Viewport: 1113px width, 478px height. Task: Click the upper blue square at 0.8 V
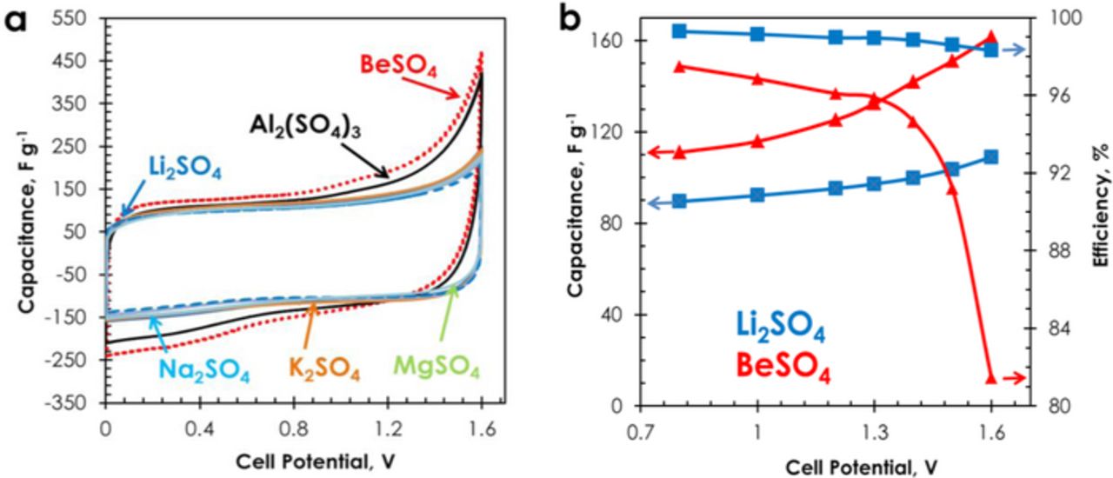pyautogui.click(x=680, y=31)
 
